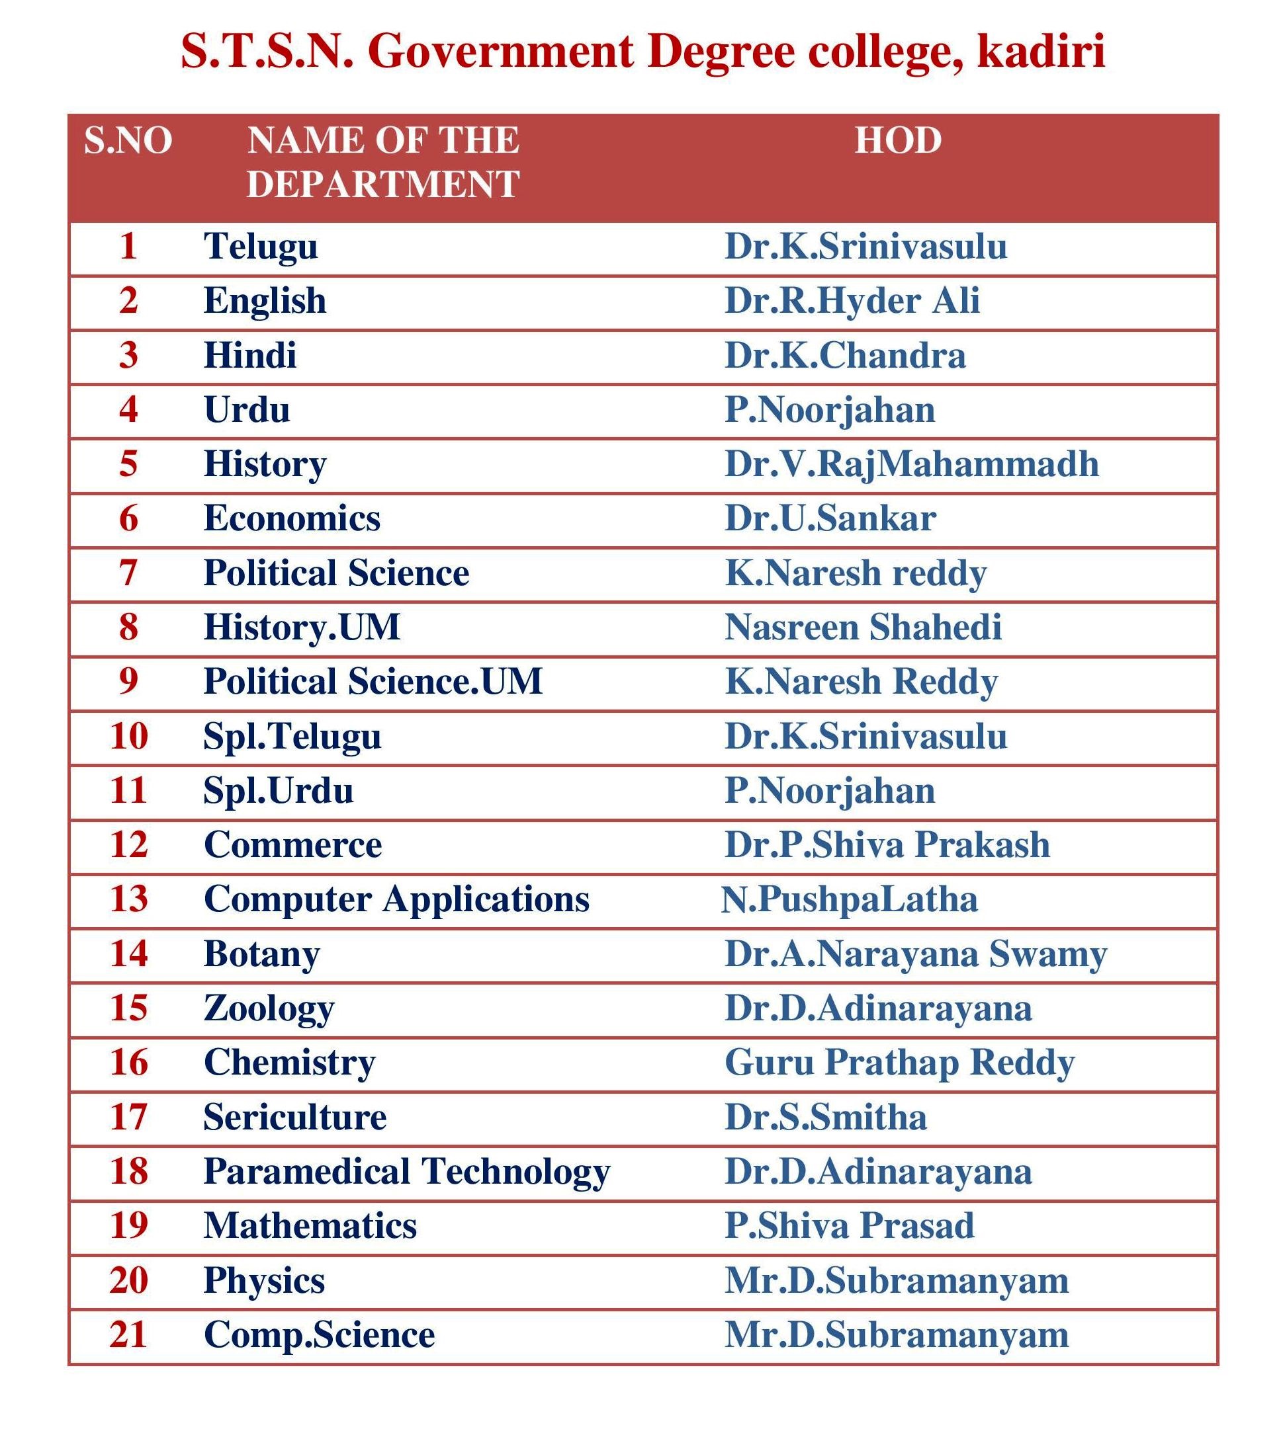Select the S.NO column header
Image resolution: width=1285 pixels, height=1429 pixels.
pos(128,140)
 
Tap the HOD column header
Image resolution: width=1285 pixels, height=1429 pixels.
pos(898,140)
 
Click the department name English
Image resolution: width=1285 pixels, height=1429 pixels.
pos(265,302)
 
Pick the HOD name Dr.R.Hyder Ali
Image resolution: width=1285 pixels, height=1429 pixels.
pos(852,302)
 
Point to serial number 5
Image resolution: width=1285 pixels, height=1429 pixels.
pos(128,464)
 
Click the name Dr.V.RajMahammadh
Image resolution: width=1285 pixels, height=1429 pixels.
pos(912,464)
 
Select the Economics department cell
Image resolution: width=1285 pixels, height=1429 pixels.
pos(292,518)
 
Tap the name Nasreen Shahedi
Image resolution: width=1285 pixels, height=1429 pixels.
pos(863,628)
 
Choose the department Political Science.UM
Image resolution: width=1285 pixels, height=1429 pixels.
pos(373,682)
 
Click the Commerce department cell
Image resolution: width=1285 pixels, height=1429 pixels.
pos(292,844)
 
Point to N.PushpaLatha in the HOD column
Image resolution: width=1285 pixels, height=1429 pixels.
pos(850,899)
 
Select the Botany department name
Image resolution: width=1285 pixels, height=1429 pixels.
pos(261,954)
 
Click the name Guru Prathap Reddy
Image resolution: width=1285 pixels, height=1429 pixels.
pos(899,1063)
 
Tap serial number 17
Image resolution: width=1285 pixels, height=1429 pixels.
pos(128,1117)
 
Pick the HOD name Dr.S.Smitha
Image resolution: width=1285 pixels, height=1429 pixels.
pos(825,1117)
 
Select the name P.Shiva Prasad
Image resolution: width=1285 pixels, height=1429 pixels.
pos(850,1226)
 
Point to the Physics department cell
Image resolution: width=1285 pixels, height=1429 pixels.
pos(264,1281)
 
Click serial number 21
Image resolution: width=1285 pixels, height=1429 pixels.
pos(128,1335)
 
